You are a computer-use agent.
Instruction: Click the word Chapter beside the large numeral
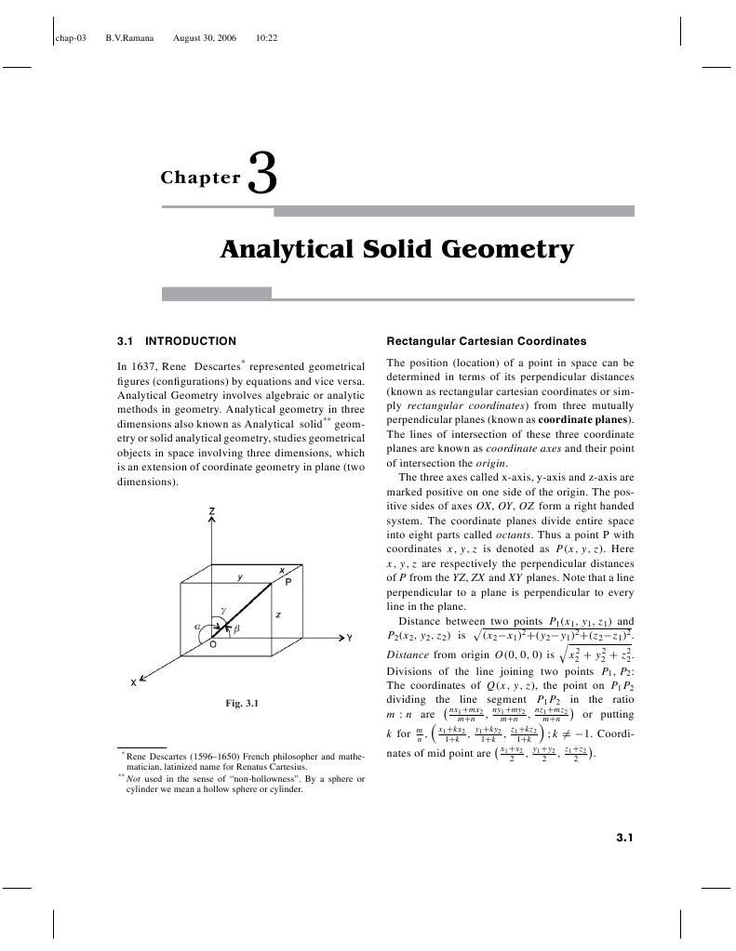200,178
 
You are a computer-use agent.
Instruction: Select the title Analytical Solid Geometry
396,250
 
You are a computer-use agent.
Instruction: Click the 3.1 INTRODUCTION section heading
177,340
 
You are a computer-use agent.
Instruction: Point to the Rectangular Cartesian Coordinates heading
486,340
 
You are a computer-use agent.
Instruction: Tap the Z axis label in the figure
212,512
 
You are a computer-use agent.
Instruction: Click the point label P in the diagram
288,582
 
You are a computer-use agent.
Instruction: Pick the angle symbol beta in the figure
236,629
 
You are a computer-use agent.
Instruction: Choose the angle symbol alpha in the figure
197,627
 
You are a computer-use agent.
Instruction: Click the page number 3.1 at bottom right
624,839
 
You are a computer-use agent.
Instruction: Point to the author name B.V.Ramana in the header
130,38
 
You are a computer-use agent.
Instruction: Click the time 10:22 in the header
267,38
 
